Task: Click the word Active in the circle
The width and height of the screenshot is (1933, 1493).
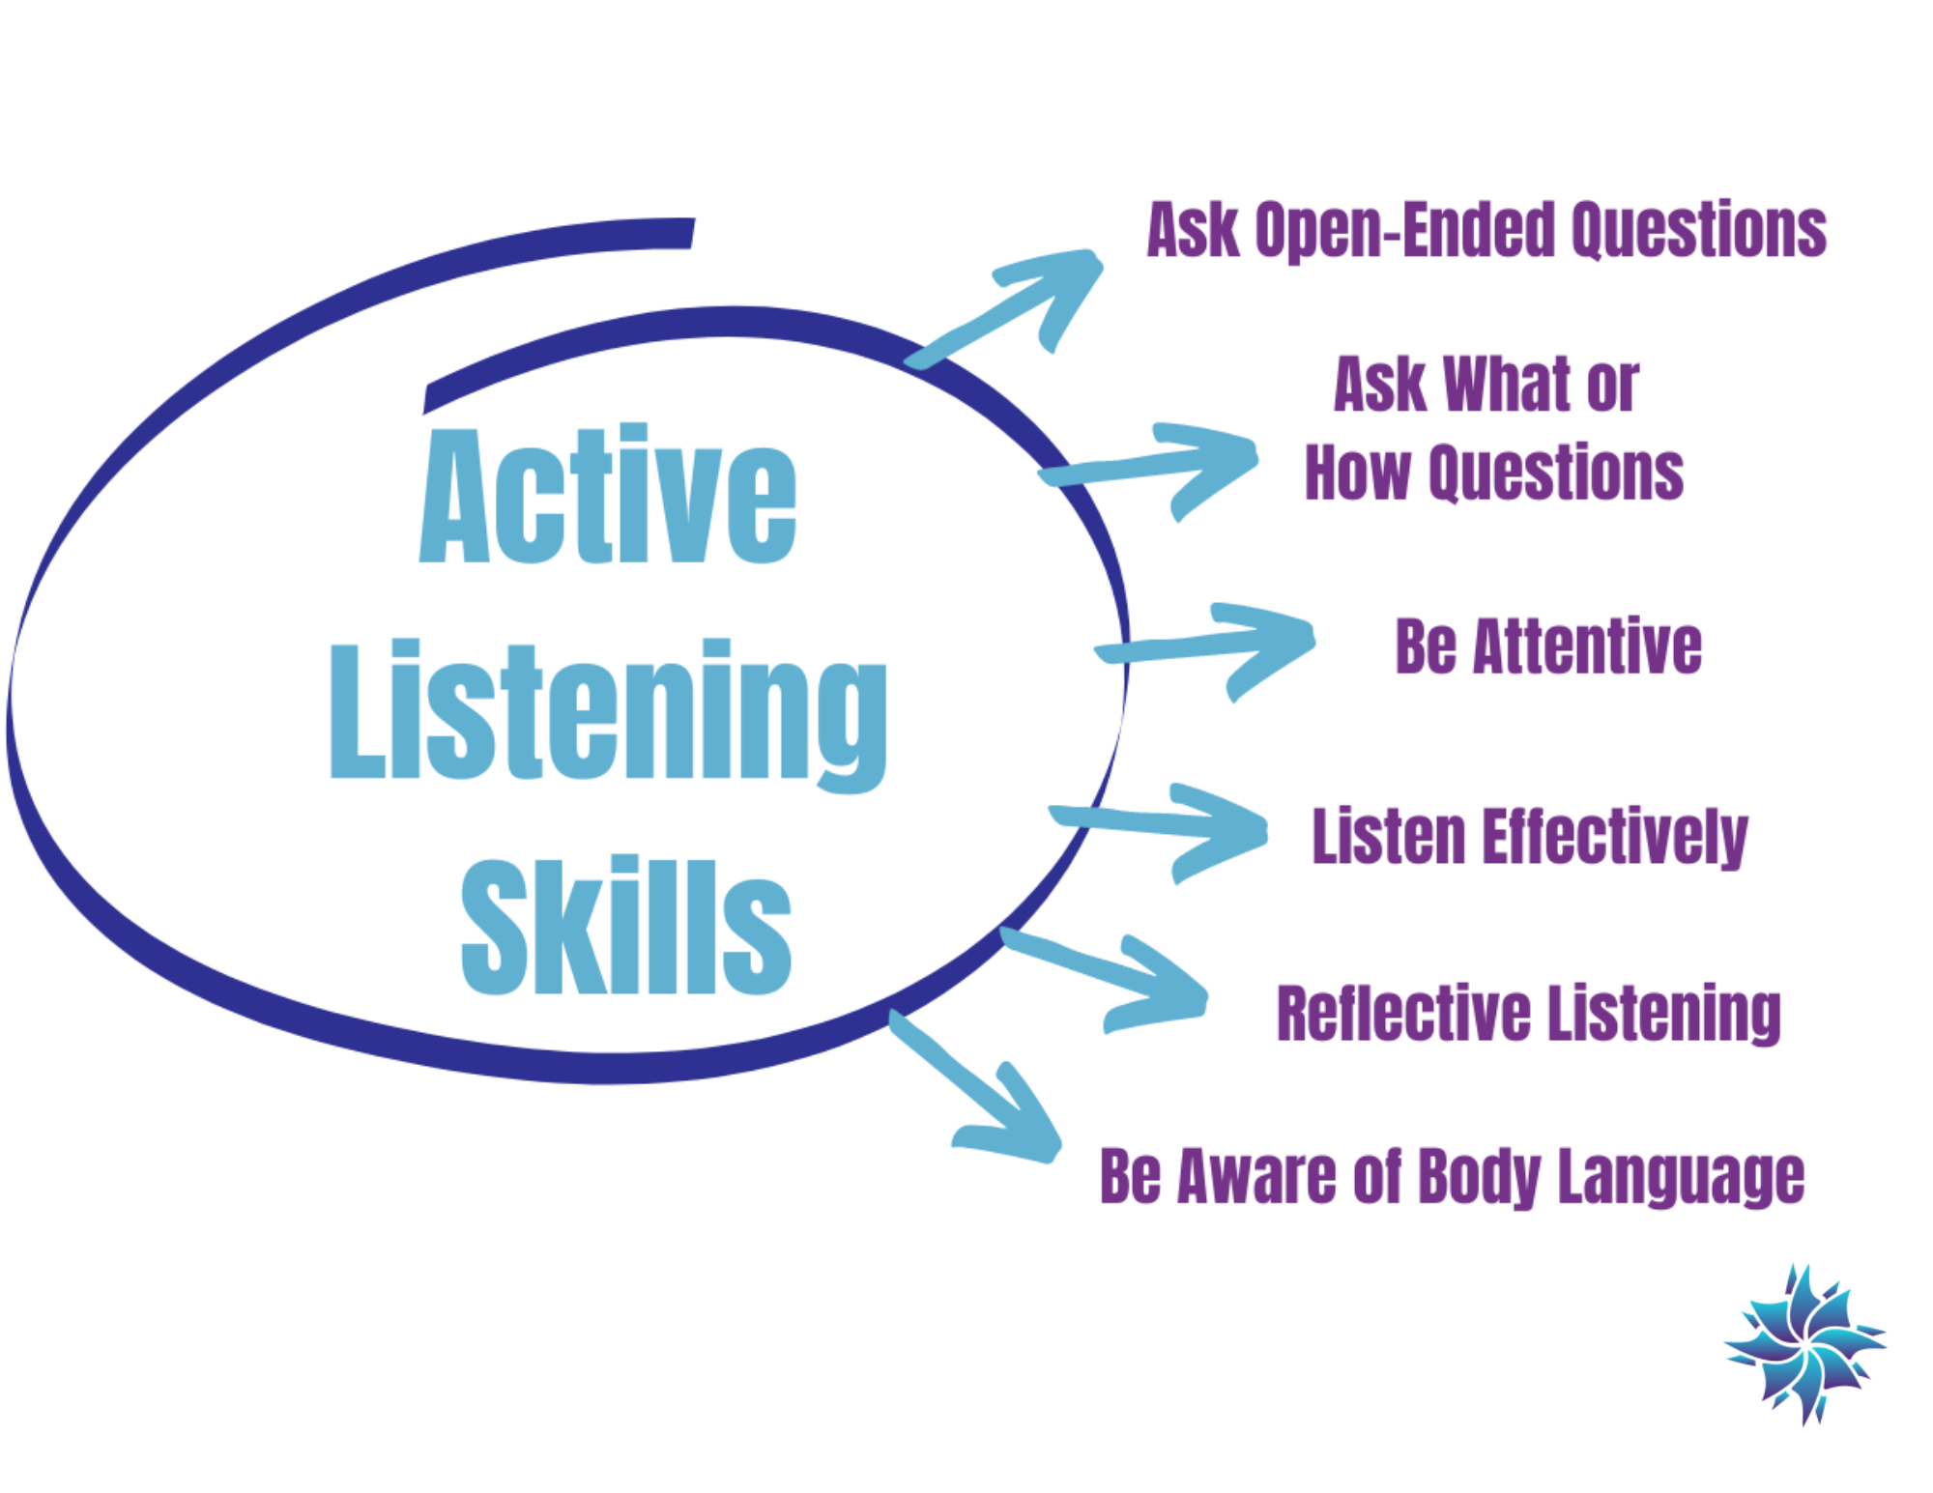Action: click(x=608, y=495)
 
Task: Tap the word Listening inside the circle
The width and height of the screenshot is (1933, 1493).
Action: click(x=608, y=712)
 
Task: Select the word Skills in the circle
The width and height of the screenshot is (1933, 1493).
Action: click(x=626, y=926)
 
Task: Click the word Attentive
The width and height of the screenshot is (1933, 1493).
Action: click(x=1586, y=646)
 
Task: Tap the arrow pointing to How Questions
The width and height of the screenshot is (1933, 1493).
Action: click(x=1160, y=466)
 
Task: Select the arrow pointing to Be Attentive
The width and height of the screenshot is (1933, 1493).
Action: click(x=1218, y=646)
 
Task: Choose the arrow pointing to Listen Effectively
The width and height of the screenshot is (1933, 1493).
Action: click(x=1169, y=827)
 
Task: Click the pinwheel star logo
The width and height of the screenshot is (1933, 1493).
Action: click(x=1804, y=1343)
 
